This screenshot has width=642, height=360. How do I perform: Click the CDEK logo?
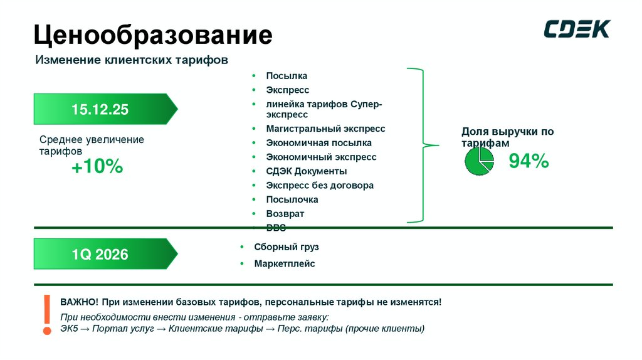tap(576, 29)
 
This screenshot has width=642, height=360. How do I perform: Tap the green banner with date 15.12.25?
tap(104, 109)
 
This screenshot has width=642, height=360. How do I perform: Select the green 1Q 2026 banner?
tap(104, 254)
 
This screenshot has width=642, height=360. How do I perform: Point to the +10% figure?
tap(97, 167)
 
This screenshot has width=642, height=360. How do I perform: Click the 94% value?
tap(529, 161)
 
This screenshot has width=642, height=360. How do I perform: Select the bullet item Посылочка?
tap(292, 199)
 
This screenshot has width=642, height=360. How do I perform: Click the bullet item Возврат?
tap(285, 214)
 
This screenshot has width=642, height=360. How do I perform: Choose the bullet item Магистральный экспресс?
tap(325, 129)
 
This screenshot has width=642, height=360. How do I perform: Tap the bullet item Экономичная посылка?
tap(318, 143)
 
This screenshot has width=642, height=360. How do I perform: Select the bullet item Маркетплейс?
tap(284, 264)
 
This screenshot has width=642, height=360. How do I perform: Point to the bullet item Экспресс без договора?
tap(319, 186)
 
